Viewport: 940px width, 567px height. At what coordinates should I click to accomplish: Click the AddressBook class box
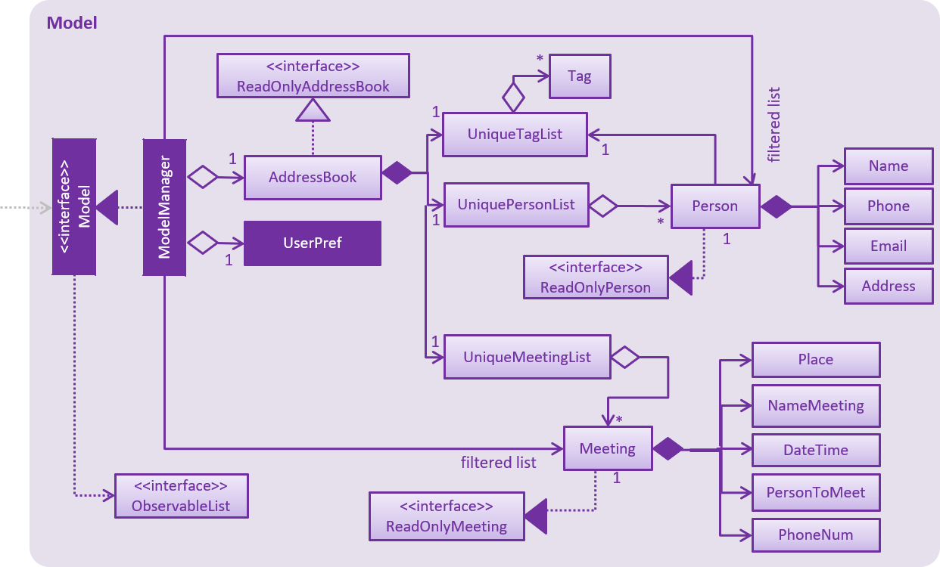click(x=313, y=178)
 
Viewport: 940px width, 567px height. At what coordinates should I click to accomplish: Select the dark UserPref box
click(x=313, y=243)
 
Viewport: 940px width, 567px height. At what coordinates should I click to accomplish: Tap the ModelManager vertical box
click(x=164, y=207)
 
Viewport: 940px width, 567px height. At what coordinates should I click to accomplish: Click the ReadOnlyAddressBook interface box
click(x=313, y=76)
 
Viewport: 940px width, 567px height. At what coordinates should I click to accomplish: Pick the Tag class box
click(x=579, y=76)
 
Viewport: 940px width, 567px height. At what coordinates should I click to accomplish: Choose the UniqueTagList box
click(x=515, y=135)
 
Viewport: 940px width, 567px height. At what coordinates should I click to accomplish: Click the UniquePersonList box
click(x=516, y=205)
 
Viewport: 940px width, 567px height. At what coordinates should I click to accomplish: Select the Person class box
click(x=714, y=206)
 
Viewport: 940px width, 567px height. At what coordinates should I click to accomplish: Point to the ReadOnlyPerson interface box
click(x=595, y=277)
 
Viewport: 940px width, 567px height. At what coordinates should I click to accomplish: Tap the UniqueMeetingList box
click(x=527, y=357)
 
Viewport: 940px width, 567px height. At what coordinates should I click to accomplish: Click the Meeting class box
click(x=607, y=448)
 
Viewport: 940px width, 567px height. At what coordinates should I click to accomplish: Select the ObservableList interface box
click(x=182, y=496)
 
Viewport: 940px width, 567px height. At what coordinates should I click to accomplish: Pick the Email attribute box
click(x=889, y=246)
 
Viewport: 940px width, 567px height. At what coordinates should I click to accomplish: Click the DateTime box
click(x=815, y=451)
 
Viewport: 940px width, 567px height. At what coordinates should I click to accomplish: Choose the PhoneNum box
click(x=815, y=535)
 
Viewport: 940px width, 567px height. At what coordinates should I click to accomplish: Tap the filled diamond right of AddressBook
click(x=397, y=173)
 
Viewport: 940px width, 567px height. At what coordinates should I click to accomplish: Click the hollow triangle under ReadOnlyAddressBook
click(x=313, y=111)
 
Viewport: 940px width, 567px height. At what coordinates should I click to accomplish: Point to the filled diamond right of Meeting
click(x=668, y=449)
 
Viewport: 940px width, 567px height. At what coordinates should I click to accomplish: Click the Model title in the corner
click(x=72, y=23)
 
